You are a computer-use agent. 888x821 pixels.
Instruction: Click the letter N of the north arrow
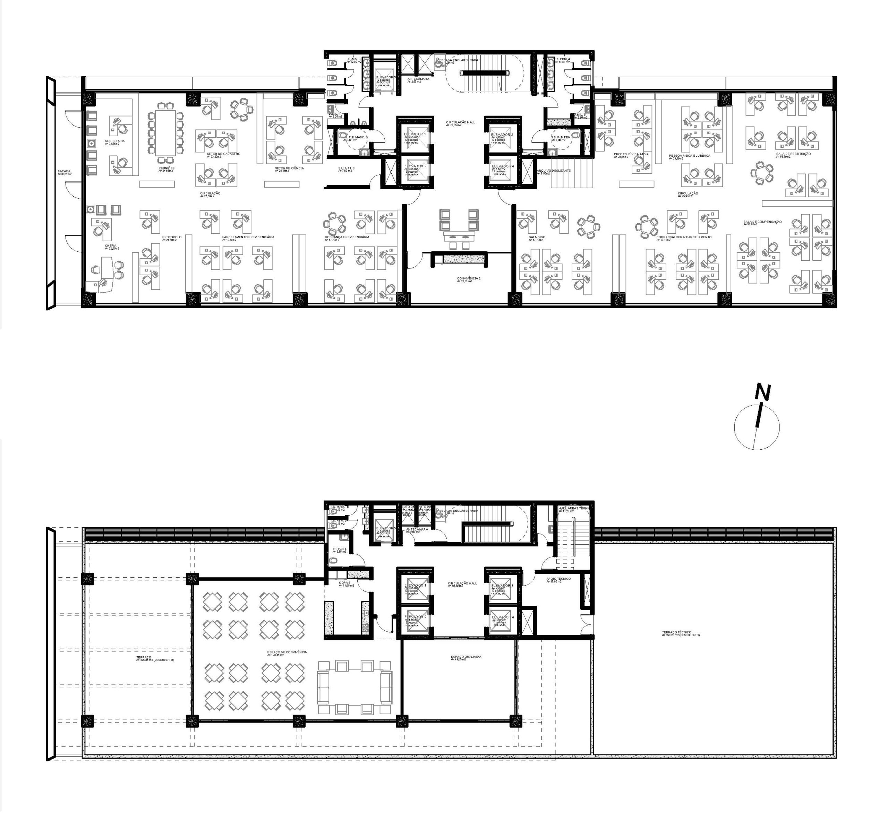(x=763, y=392)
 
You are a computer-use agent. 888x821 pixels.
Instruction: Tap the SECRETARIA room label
(x=115, y=141)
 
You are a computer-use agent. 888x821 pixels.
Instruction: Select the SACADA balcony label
(x=64, y=171)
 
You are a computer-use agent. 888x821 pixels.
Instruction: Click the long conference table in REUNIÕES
(x=165, y=132)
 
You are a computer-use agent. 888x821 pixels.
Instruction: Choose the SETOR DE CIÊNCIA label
(x=289, y=168)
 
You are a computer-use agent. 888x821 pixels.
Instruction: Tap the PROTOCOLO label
(x=172, y=237)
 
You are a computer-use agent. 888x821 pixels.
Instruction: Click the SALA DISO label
(x=537, y=237)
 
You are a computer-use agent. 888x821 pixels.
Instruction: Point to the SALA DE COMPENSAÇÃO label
(x=762, y=222)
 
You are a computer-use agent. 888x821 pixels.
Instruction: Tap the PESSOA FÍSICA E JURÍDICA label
(x=689, y=156)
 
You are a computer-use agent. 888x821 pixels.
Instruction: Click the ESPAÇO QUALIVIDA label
(x=466, y=657)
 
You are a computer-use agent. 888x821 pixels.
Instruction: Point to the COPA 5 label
(x=344, y=583)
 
